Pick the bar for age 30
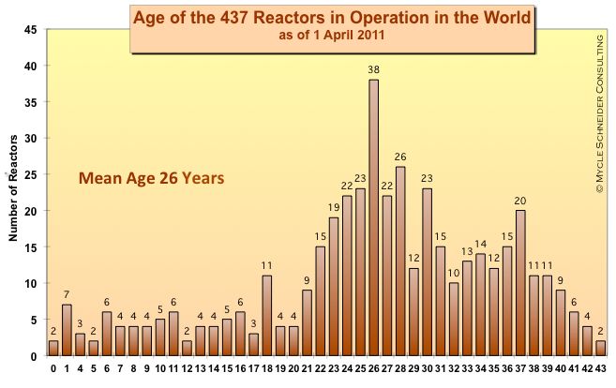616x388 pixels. (x=427, y=273)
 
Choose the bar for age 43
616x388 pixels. (x=600, y=349)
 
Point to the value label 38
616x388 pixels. (x=373, y=70)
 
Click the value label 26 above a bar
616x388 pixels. (x=400, y=157)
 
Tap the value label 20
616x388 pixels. (x=520, y=201)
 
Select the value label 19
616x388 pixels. (x=334, y=208)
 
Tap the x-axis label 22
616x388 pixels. (x=320, y=368)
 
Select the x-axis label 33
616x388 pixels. (x=467, y=368)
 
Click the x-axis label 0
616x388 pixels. (x=53, y=368)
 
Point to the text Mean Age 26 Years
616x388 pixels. (x=151, y=178)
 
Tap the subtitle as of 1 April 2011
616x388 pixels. (x=332, y=37)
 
